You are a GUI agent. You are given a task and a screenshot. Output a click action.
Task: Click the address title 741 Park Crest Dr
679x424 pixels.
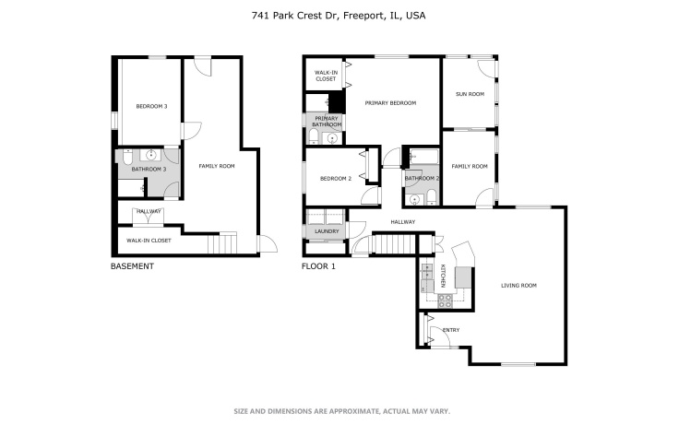(339, 16)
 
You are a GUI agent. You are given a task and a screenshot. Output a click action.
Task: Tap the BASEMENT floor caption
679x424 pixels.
(132, 266)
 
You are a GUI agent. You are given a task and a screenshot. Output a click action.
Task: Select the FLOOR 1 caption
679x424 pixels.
(319, 266)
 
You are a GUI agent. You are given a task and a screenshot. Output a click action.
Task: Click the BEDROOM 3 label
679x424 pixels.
(151, 107)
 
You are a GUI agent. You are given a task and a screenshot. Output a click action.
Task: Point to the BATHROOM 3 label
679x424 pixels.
(149, 170)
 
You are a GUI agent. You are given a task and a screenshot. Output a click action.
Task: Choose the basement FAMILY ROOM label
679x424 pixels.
(217, 166)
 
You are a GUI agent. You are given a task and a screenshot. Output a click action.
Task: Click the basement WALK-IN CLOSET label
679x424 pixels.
(149, 240)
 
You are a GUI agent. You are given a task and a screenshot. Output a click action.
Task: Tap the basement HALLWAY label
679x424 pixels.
(149, 212)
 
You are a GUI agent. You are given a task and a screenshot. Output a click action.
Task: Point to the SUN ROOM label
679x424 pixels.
(470, 94)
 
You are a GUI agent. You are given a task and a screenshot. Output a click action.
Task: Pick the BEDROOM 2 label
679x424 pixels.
(336, 178)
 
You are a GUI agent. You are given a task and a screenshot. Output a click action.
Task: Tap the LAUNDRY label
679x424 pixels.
(327, 230)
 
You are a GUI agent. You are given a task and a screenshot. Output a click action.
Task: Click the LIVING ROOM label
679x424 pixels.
(518, 286)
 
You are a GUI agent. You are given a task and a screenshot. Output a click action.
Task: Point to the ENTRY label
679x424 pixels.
(451, 330)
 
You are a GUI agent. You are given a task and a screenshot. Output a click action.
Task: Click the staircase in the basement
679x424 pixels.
(223, 243)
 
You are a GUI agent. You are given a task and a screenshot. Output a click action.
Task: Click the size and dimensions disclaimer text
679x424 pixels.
(339, 411)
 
